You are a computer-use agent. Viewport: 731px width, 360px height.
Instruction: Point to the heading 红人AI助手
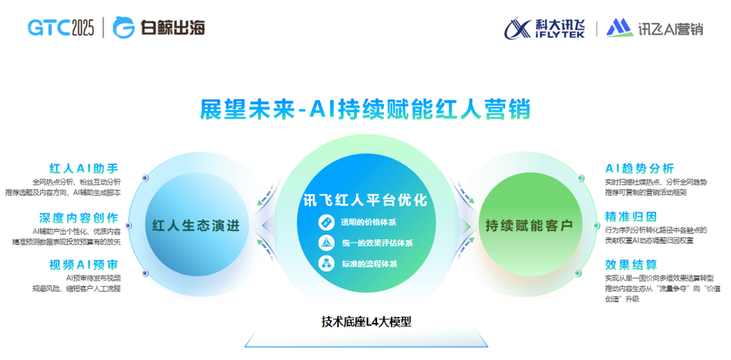coord(84,169)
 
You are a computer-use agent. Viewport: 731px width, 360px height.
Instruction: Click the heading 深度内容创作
coord(79,218)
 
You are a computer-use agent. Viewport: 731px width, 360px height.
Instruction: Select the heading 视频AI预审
coord(84,265)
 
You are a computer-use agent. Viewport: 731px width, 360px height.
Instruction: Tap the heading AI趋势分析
coord(639,169)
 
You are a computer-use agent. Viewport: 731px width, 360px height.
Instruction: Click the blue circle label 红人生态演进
coord(196,225)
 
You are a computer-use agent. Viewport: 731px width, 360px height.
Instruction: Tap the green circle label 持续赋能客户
coord(529,225)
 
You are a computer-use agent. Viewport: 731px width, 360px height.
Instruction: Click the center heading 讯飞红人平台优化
coord(365,200)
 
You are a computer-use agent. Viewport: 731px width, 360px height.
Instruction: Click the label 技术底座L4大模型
coord(366,322)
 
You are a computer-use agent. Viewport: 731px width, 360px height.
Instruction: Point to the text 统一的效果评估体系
coord(377,243)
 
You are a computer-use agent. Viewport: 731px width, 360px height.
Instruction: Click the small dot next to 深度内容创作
coord(128,225)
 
